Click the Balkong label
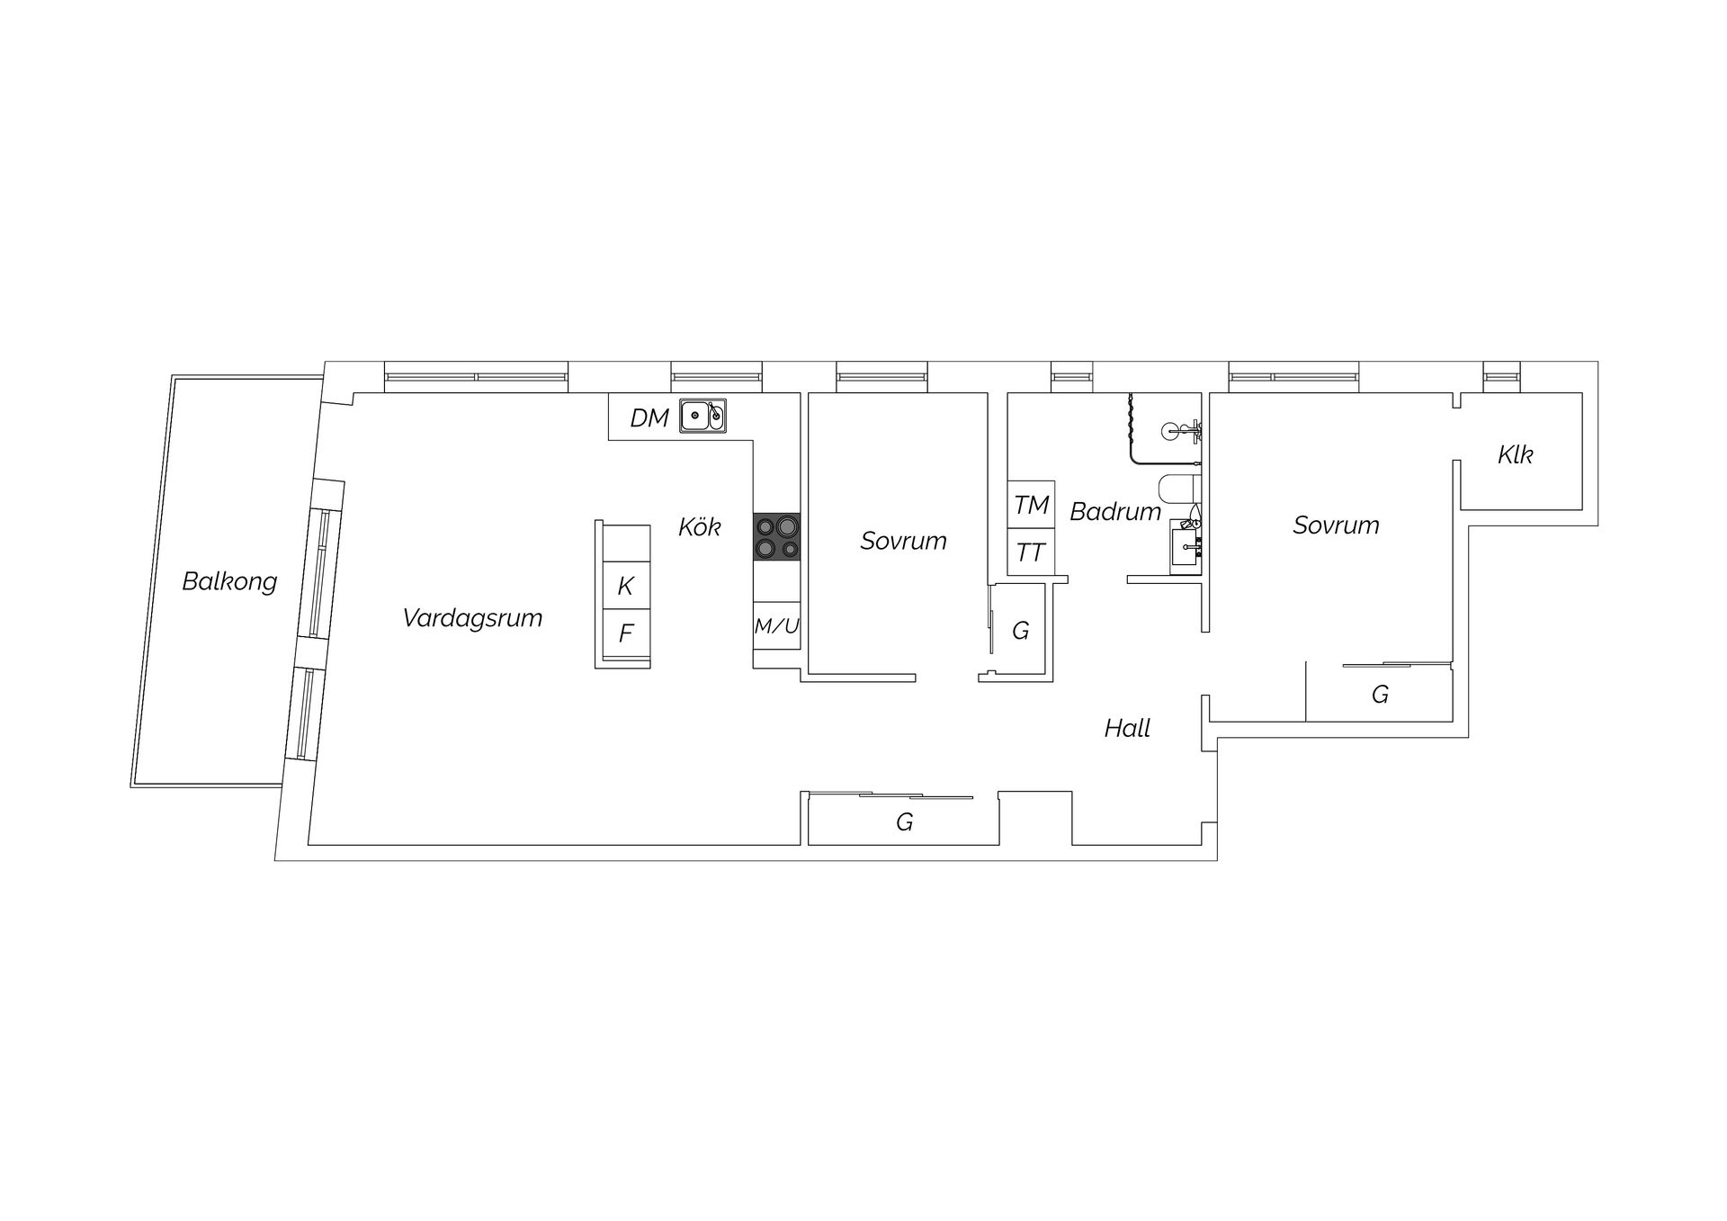[229, 581]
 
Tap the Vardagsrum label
[472, 618]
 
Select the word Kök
[700, 526]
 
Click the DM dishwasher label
[649, 417]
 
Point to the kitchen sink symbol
[702, 416]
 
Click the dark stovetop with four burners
[776, 537]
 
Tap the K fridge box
[625, 587]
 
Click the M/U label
[776, 626]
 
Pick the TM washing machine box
[1032, 506]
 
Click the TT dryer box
[1031, 552]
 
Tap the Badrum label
[1115, 512]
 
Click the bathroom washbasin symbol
[1186, 546]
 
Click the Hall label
[1127, 728]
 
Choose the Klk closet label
[1515, 455]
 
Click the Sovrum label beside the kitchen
[903, 541]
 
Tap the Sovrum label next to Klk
[1336, 525]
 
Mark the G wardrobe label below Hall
[904, 821]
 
